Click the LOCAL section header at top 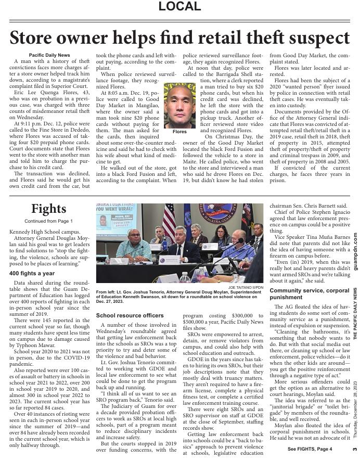179,7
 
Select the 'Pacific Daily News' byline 49,55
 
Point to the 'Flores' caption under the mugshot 179,132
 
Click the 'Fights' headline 49,209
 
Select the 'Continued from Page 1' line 49,221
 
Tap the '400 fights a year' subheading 32,273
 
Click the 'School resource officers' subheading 130,315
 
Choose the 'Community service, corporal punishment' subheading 310,293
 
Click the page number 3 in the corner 355,450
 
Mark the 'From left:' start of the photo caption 108,292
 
